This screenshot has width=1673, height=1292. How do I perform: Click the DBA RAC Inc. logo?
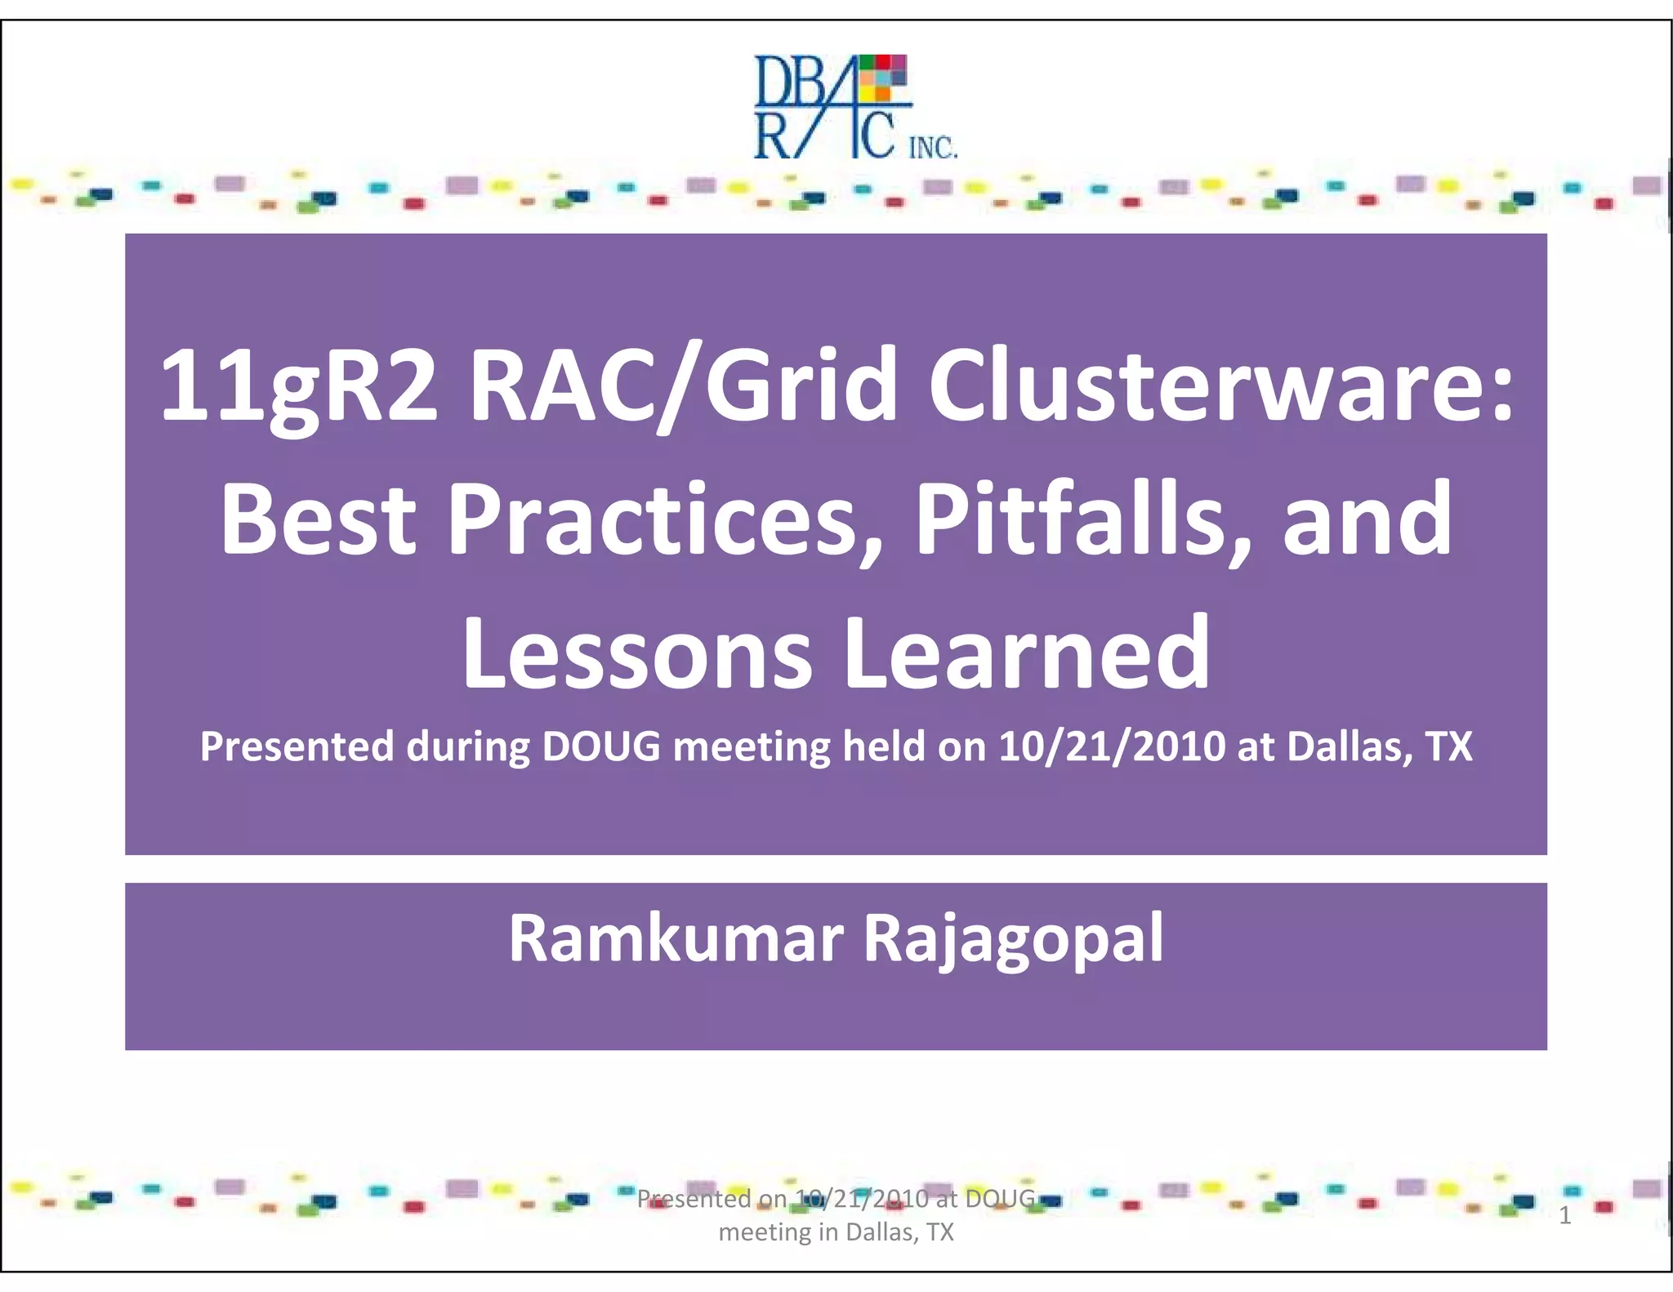854,106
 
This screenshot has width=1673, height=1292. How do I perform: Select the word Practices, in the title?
665,520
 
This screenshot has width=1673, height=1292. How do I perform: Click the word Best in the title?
319,520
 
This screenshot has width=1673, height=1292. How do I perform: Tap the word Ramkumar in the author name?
676,939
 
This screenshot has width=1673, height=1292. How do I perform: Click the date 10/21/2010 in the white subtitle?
1112,746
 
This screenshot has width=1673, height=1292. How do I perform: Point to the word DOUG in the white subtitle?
601,746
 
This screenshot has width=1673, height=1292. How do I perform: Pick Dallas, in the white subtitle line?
1350,746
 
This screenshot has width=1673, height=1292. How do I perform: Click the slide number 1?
1565,1216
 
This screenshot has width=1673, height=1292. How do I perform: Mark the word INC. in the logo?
933,149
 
